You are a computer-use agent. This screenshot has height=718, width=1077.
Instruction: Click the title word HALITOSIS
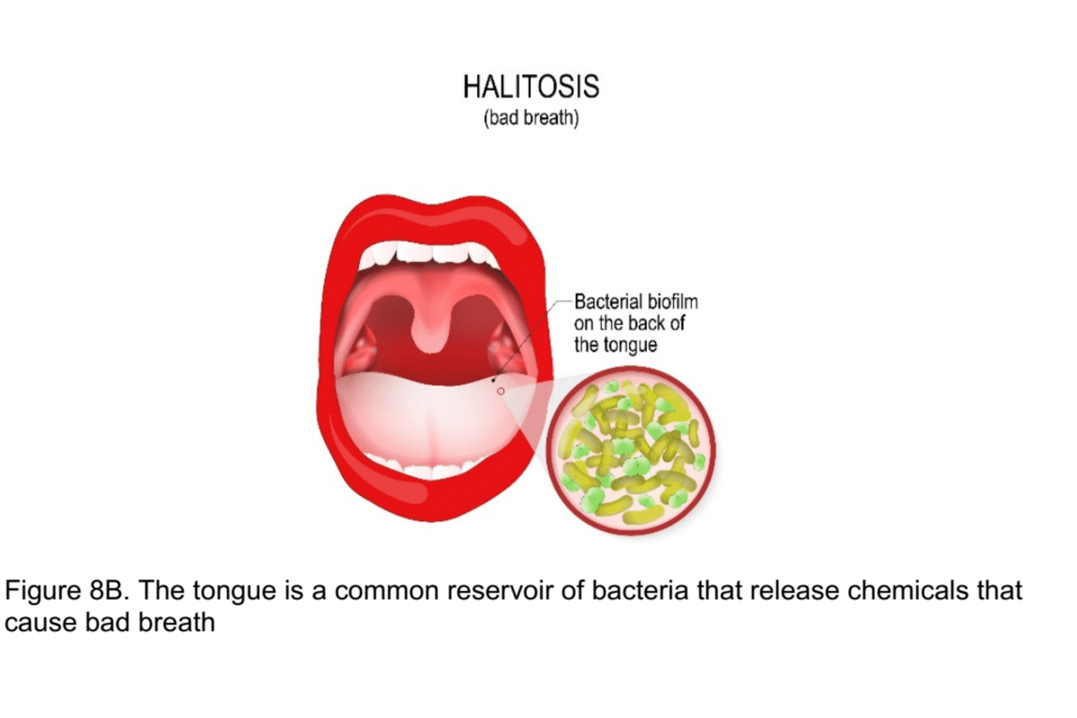[531, 87]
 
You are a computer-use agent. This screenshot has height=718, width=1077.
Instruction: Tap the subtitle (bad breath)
[531, 118]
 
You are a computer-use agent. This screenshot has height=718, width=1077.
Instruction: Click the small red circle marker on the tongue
[501, 391]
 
